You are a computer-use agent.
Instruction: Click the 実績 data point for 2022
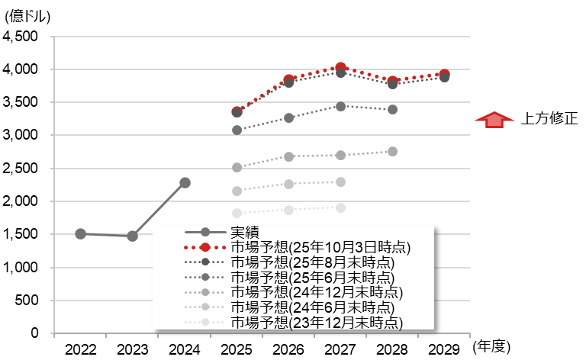[x=81, y=234]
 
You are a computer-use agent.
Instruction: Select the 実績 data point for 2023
[x=132, y=236]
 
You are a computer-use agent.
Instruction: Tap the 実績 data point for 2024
[x=184, y=183]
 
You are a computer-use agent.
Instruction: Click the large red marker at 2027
[x=340, y=69]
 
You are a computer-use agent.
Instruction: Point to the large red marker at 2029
[x=443, y=75]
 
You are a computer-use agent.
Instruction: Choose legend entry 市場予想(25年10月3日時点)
[x=320, y=248]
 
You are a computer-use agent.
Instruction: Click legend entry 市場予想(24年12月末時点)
[x=317, y=292]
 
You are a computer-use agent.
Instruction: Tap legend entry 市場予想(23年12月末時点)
[x=317, y=323]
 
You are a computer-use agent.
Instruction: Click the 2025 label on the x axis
[x=237, y=349]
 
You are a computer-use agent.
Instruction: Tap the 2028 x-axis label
[x=391, y=349]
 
